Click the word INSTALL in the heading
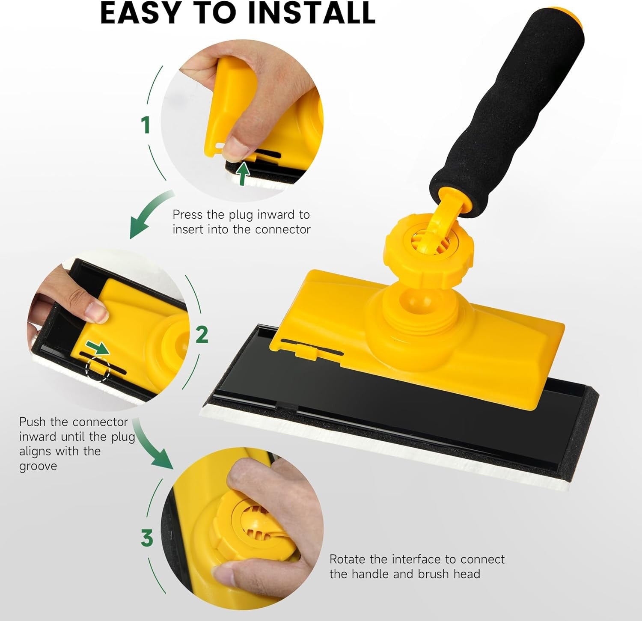point(312,13)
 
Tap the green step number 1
point(146,125)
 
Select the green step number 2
point(202,334)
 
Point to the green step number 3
point(147,538)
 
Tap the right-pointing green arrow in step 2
point(98,347)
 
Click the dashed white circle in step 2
point(98,369)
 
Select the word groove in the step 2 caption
point(38,466)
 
